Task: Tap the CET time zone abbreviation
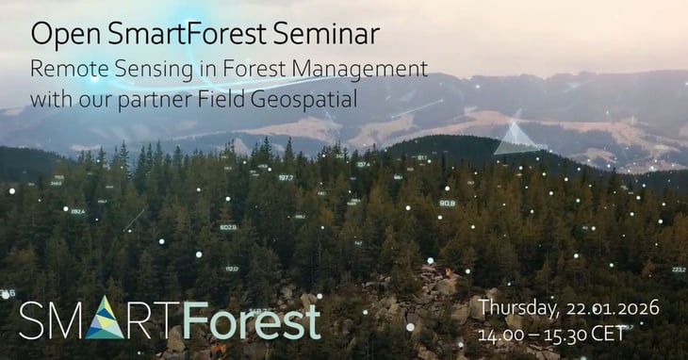pos(614,334)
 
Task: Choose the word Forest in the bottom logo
pos(252,320)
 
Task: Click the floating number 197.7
pos(286,177)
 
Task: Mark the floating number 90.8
pos(447,203)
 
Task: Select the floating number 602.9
pos(228,227)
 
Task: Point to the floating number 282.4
pos(77,211)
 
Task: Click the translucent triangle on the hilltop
pos(516,138)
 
